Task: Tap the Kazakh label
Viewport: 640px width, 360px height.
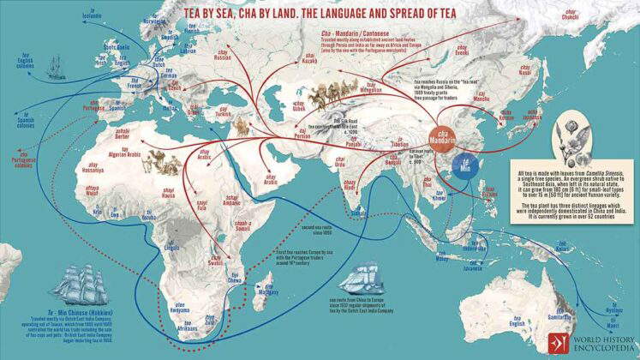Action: pos(310,61)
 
